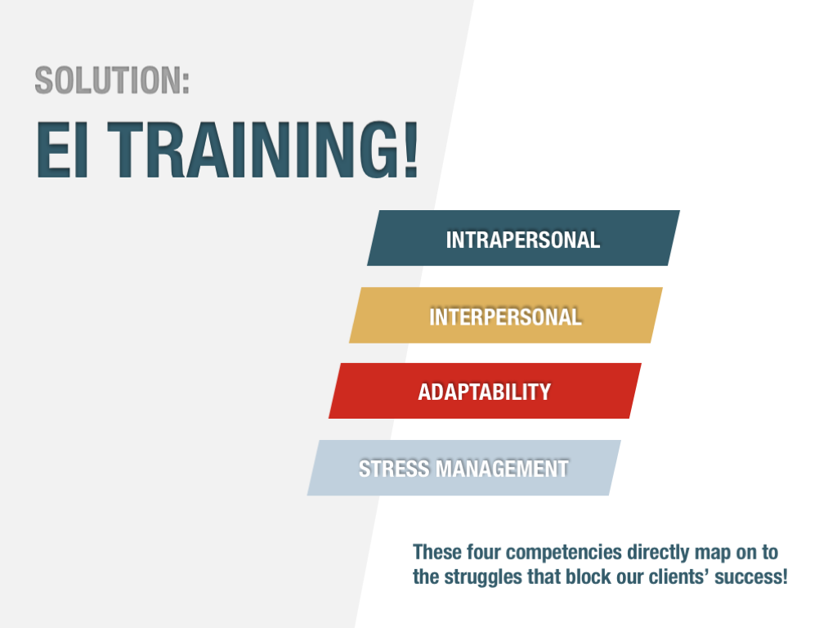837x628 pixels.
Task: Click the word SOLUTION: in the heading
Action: (112, 80)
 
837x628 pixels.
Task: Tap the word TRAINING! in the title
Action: (263, 150)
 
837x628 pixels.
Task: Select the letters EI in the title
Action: (62, 150)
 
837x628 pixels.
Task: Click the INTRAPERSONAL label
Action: (523, 240)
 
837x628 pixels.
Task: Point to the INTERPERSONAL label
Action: (505, 316)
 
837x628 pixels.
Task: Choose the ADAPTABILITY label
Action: (484, 392)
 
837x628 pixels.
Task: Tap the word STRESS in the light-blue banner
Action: (394, 469)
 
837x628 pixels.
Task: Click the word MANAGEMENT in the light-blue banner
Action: (503, 469)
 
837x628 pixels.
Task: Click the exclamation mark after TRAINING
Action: (411, 150)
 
